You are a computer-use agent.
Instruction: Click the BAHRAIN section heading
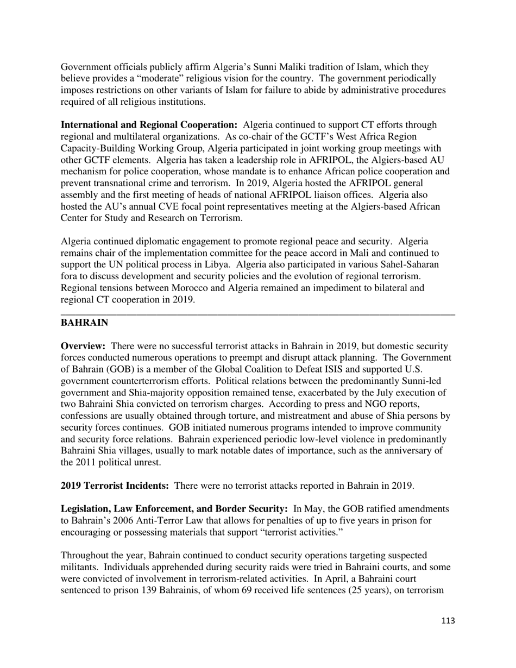pos(84,323)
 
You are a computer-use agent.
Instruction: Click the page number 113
pos(448,621)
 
